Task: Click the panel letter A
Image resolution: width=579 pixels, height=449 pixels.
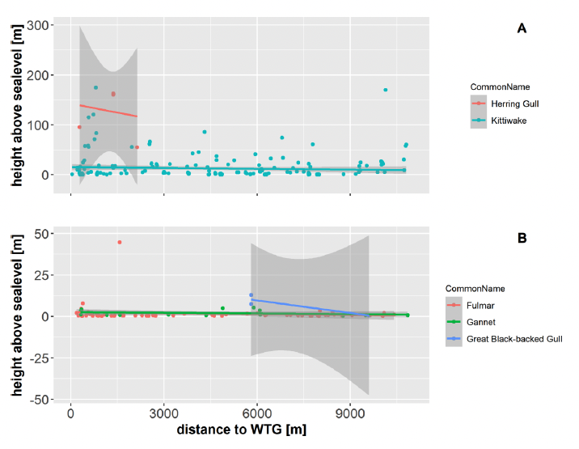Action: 522,28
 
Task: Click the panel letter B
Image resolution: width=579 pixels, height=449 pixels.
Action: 522,239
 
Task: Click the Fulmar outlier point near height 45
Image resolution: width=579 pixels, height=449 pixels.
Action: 120,242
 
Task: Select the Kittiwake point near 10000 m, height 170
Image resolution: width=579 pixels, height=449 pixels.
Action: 385,90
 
